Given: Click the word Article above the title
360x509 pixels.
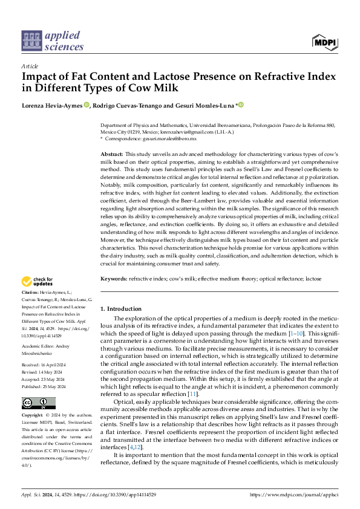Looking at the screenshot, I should pyautogui.click(x=29, y=66).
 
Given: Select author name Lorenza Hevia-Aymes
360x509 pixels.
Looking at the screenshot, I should pyautogui.click(x=52, y=105).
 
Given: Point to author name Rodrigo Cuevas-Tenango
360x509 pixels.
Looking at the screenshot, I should pyautogui.click(x=129, y=105).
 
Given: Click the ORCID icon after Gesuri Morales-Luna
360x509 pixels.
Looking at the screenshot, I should pyautogui.click(x=241, y=105).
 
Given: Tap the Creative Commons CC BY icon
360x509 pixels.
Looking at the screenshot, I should pyautogui.click(x=38, y=403).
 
